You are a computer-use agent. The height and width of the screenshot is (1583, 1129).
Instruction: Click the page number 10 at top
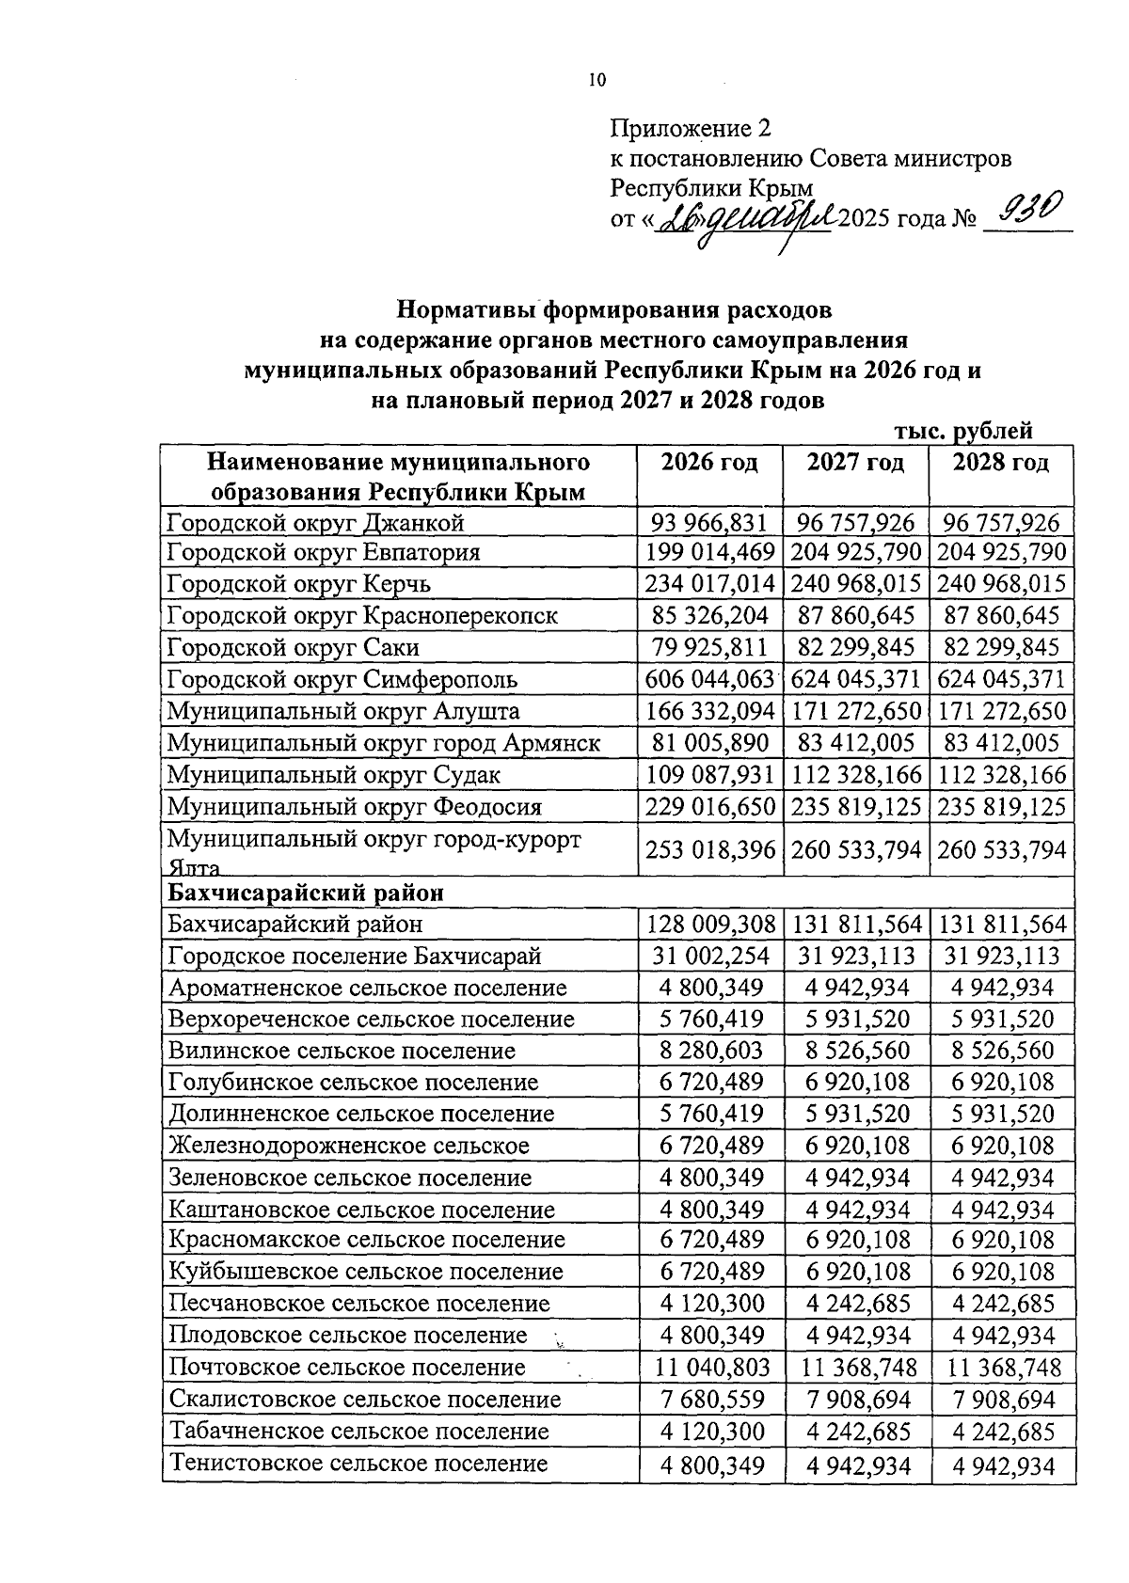(x=596, y=81)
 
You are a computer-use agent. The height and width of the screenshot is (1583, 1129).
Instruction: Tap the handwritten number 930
(x=1030, y=207)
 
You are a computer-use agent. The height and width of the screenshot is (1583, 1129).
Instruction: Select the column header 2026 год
(x=709, y=463)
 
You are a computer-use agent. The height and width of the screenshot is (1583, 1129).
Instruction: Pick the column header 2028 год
(x=1001, y=463)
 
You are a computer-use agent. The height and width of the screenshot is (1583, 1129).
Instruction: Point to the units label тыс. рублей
(x=963, y=431)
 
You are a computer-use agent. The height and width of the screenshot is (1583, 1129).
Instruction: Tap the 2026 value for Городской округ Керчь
(x=709, y=584)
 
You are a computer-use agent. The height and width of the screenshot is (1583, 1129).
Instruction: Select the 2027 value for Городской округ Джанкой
(x=855, y=522)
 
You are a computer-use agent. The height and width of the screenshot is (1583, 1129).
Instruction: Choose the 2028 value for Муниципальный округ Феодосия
(x=1002, y=807)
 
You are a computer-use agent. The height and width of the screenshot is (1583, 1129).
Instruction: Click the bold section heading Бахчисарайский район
(x=305, y=892)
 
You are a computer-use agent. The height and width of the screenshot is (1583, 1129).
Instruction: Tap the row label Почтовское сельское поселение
(x=346, y=1368)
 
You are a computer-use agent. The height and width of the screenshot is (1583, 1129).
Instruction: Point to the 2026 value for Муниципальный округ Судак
(x=709, y=775)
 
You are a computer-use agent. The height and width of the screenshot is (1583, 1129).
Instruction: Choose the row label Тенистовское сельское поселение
(x=358, y=1464)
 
